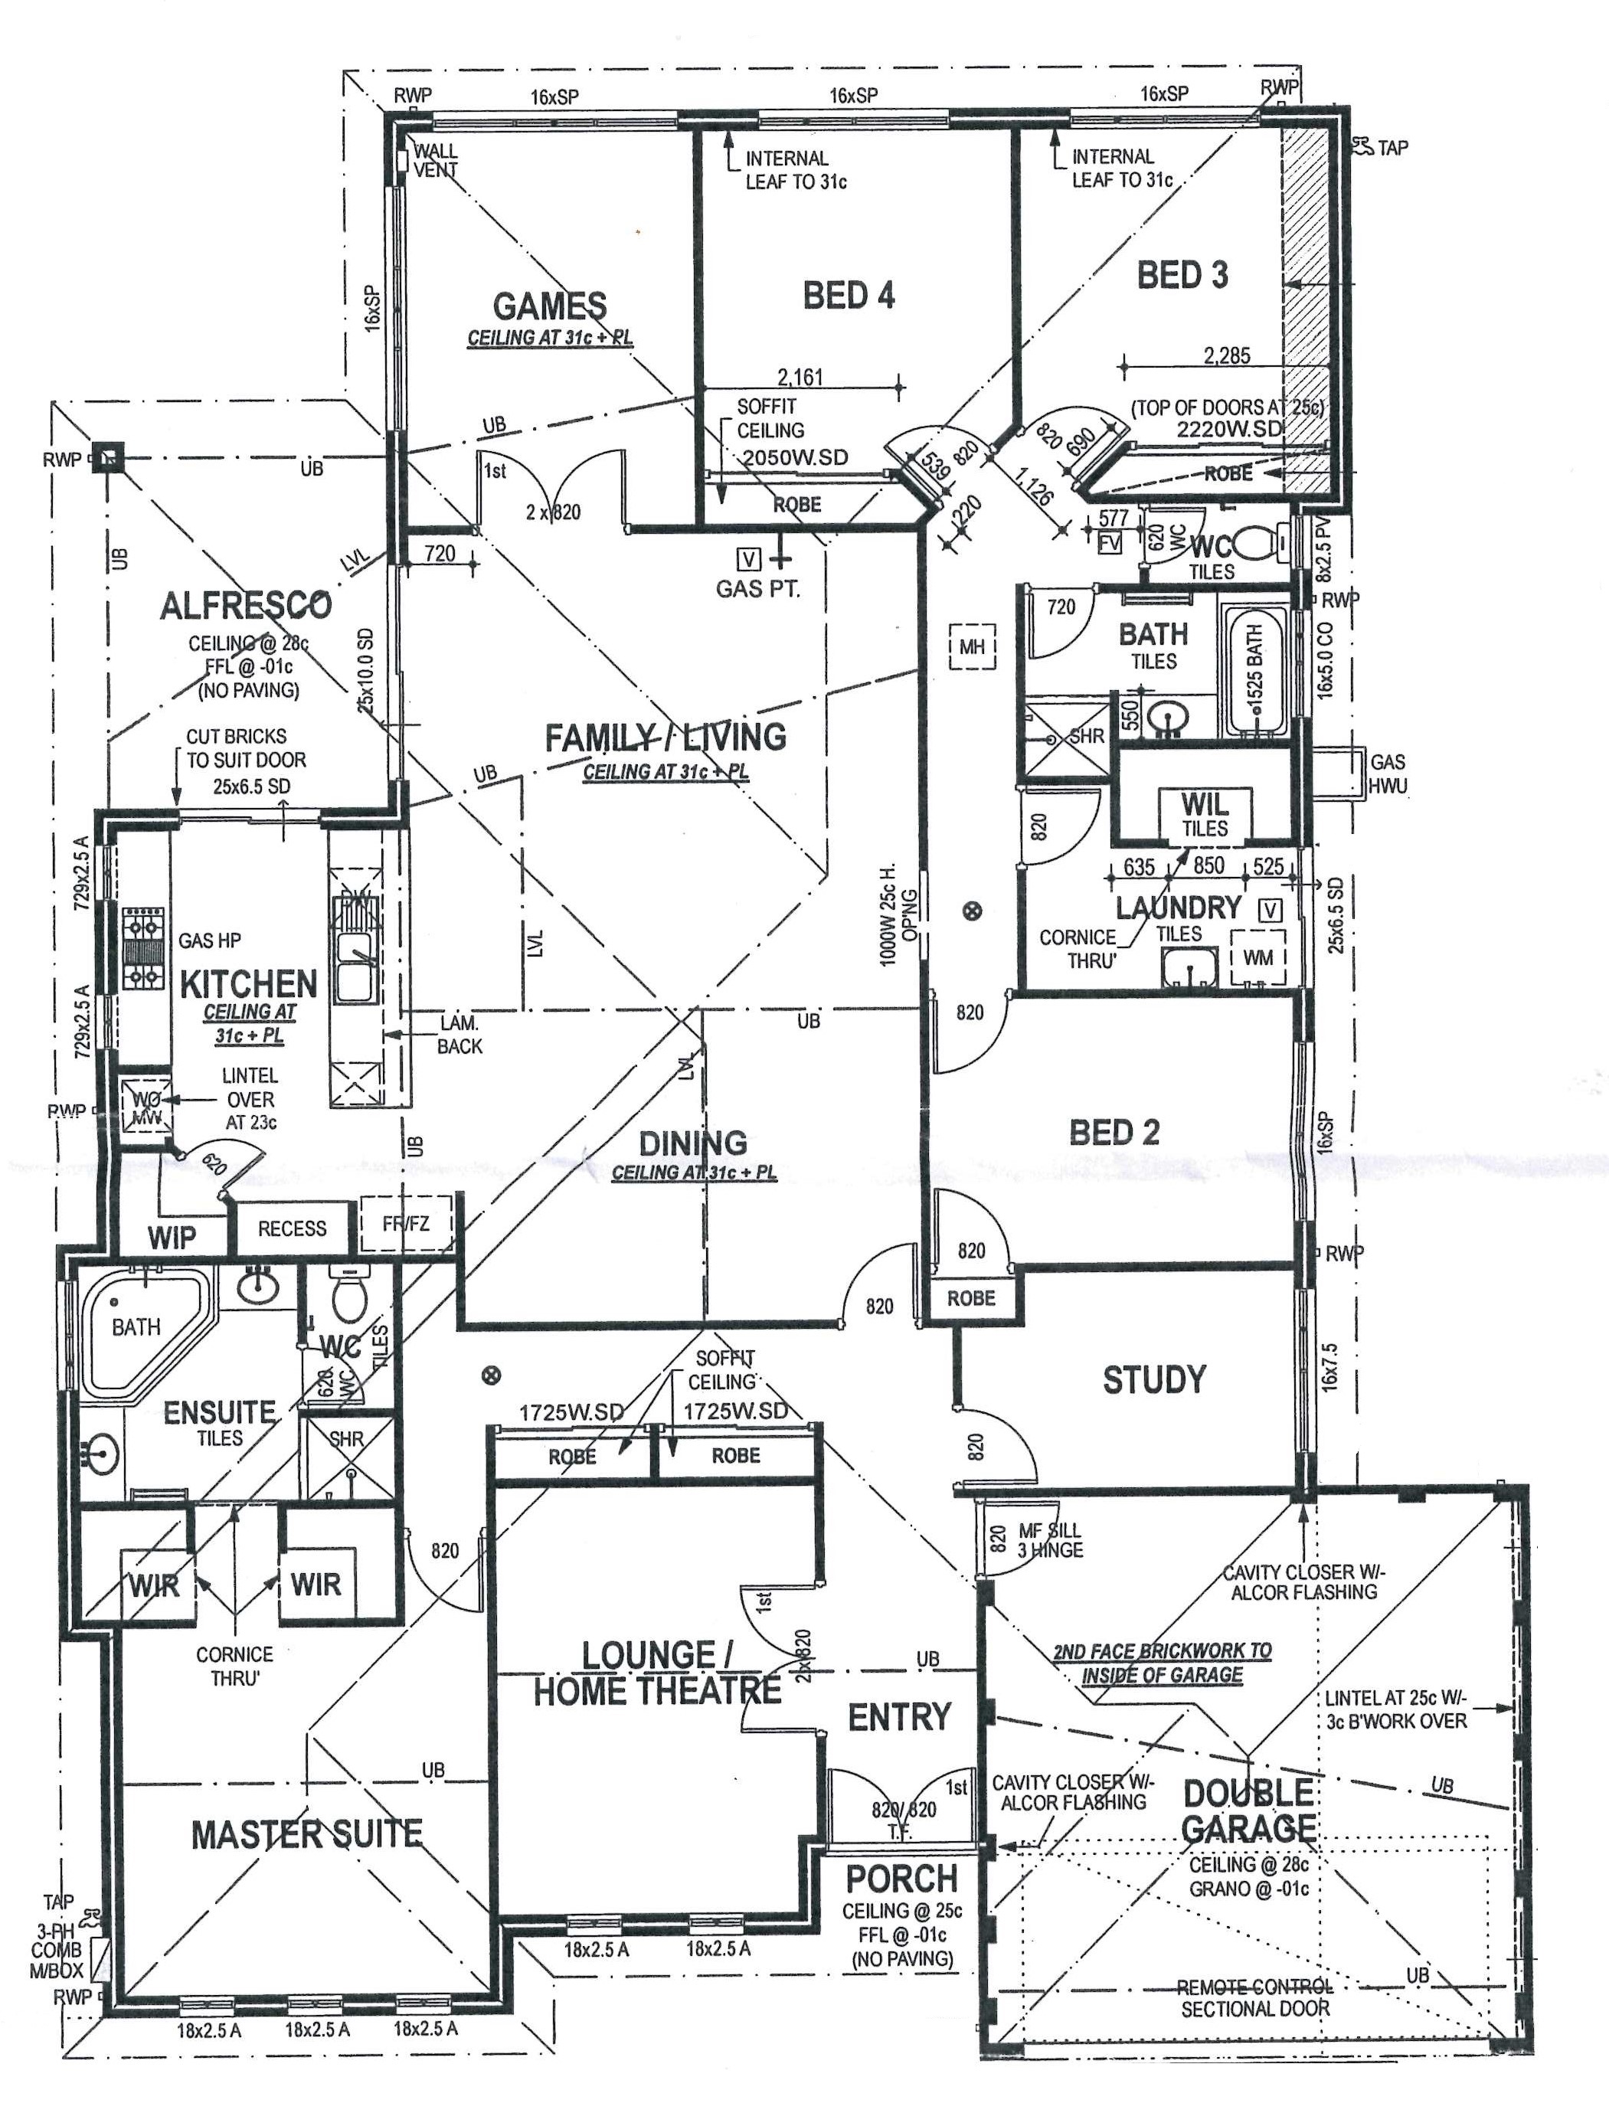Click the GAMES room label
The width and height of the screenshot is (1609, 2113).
[550, 306]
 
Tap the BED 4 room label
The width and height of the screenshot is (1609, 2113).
[849, 295]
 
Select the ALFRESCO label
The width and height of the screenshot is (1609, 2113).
[245, 605]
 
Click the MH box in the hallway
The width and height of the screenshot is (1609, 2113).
[971, 646]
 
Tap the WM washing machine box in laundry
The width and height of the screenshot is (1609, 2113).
[1257, 958]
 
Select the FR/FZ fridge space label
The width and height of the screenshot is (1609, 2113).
[406, 1224]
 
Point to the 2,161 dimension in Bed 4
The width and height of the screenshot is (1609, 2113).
[800, 378]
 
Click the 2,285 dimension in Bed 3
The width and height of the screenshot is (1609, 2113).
[1227, 356]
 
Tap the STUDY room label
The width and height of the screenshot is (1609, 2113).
[1154, 1380]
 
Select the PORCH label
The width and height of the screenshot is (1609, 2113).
[901, 1879]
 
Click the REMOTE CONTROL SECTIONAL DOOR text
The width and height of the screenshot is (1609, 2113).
[1254, 1998]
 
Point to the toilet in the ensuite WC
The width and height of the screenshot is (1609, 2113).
[347, 1294]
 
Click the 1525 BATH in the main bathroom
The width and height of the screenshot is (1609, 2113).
[1254, 668]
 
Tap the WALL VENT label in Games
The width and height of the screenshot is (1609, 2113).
[436, 160]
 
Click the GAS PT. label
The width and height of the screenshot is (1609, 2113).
[757, 589]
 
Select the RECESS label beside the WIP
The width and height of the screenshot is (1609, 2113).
[292, 1228]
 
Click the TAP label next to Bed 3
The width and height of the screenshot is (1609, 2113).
[1392, 148]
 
